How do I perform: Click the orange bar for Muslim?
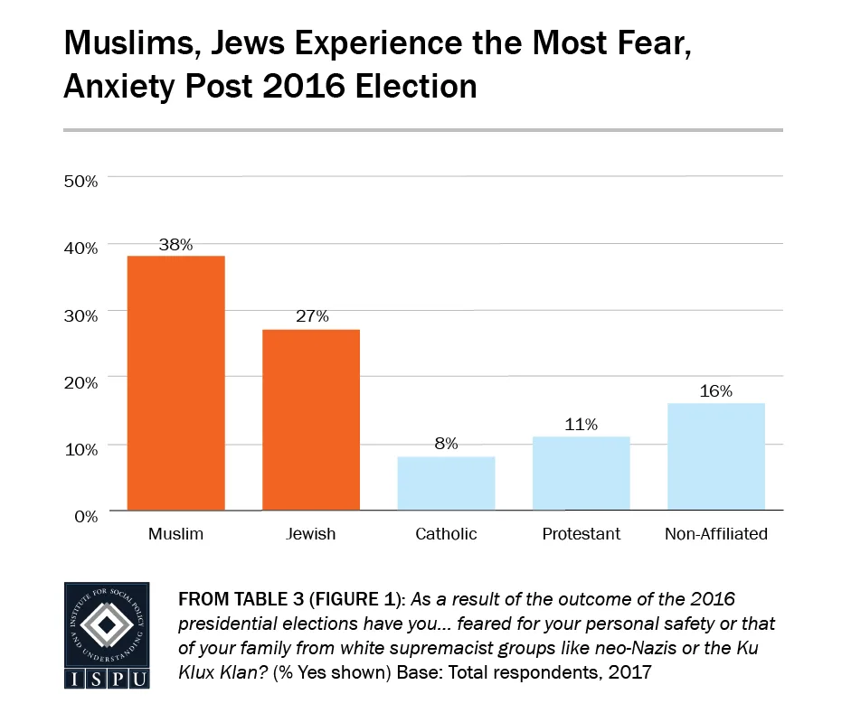175,383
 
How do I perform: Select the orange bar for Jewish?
311,419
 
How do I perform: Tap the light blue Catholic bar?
446,483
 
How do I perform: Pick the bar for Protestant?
581,474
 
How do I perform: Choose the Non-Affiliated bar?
715,456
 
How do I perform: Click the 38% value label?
175,244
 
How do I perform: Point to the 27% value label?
311,317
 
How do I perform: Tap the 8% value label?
446,444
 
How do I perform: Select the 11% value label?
581,425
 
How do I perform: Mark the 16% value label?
715,391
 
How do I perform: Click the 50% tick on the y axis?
80,181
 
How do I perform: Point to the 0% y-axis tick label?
84,516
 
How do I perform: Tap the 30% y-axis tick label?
80,314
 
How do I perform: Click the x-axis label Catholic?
446,534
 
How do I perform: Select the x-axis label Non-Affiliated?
715,534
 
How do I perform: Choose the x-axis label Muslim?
175,534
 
